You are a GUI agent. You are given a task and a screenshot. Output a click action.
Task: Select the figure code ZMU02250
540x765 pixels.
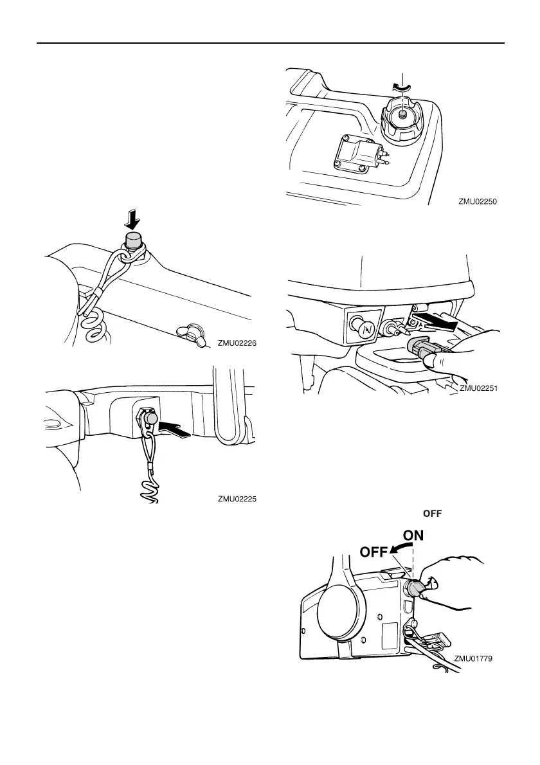[x=479, y=201]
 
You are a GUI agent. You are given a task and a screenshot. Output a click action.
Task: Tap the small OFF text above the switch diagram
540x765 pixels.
[x=434, y=512]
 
